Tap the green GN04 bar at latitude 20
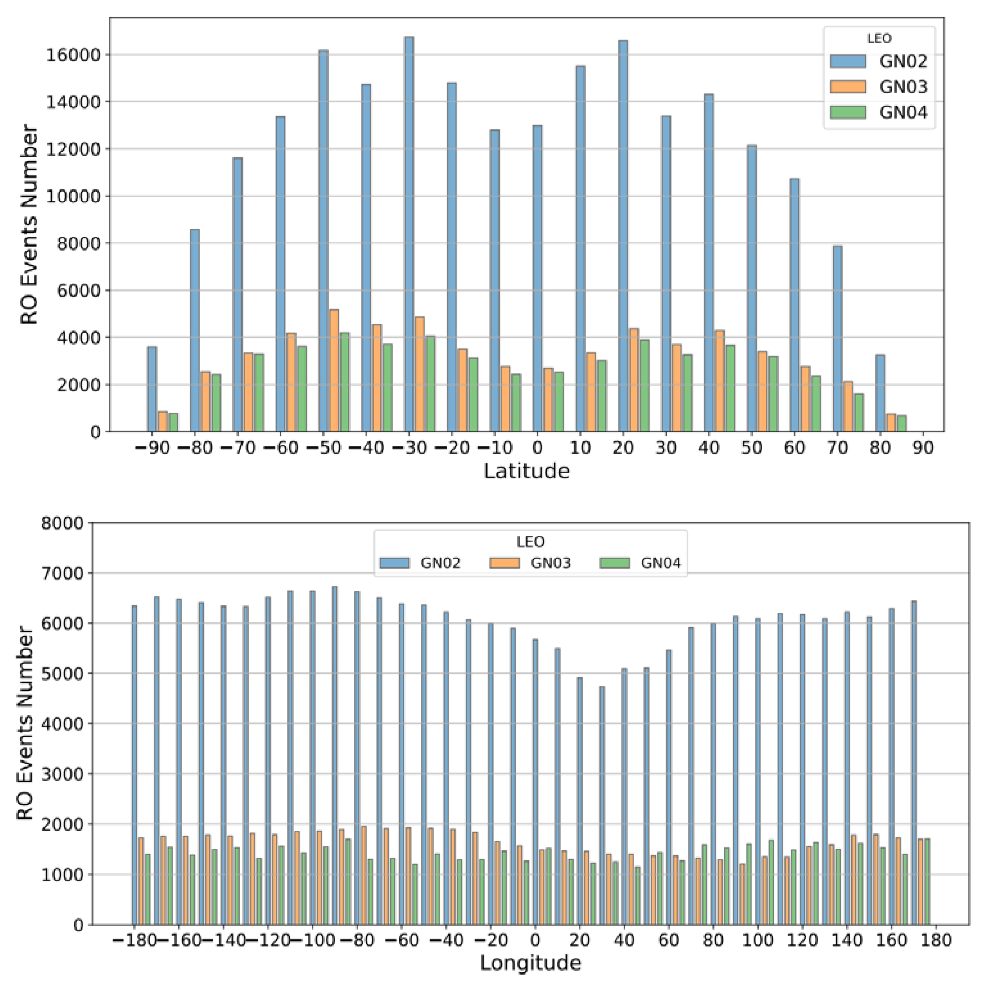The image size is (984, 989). (644, 385)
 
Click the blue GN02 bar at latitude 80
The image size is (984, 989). (880, 393)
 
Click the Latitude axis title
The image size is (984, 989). (527, 471)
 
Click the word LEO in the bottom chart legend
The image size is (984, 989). (530, 542)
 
